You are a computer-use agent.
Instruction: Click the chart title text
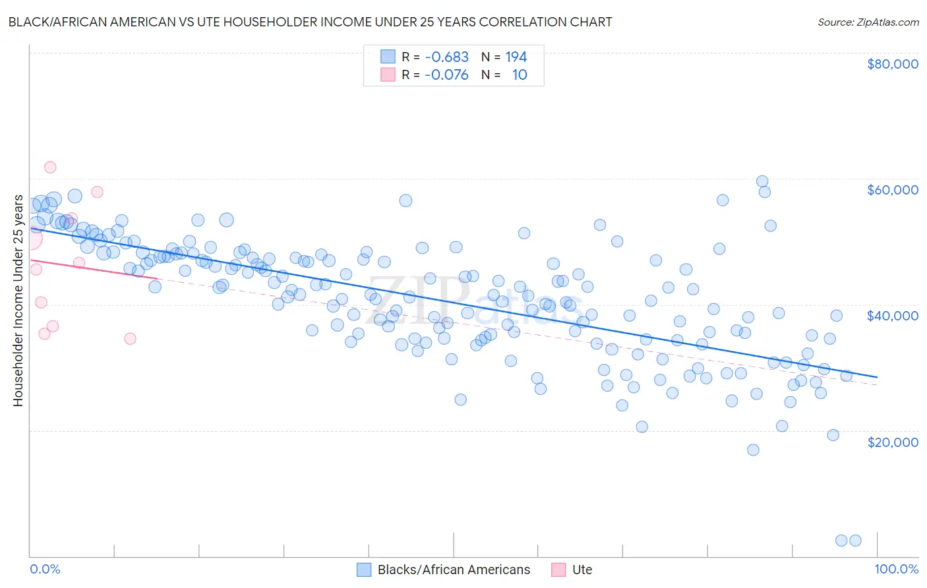point(310,22)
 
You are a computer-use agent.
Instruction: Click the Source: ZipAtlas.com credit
point(868,22)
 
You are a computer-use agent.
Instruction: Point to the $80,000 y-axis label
point(892,64)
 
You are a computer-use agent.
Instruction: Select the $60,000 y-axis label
point(892,190)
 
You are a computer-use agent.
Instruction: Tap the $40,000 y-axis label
point(892,316)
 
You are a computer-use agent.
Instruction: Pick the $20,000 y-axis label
point(892,442)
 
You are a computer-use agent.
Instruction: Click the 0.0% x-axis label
point(45,570)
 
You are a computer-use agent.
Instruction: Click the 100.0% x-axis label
point(896,570)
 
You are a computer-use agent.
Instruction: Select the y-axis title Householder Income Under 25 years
point(18,301)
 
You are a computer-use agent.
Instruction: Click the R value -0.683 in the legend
point(446,57)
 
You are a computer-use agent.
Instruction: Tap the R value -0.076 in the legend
point(446,75)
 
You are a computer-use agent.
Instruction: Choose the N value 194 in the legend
point(516,57)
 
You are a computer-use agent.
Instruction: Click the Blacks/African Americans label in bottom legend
point(454,570)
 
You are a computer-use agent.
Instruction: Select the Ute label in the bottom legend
point(582,570)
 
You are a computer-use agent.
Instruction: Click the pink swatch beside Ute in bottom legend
point(558,570)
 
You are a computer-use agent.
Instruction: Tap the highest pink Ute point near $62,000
point(50,167)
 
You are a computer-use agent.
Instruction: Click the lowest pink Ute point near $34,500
point(130,339)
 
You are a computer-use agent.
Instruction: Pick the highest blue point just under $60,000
point(762,181)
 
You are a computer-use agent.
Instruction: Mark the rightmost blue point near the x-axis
point(855,541)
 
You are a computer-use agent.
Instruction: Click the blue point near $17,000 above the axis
point(753,450)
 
